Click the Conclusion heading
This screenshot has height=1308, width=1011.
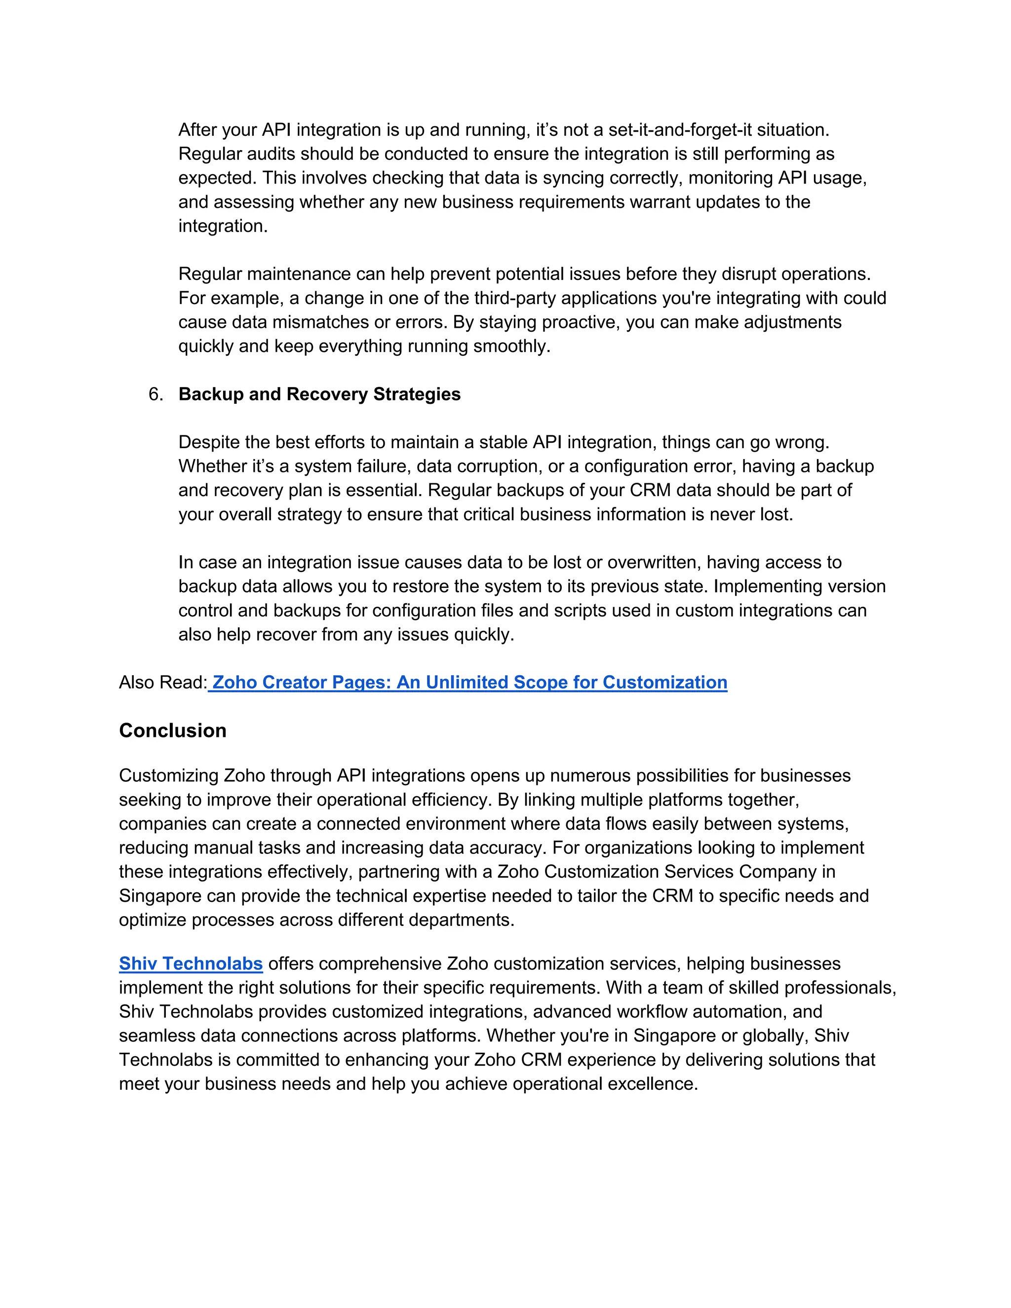point(172,731)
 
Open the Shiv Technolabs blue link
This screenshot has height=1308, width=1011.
point(191,963)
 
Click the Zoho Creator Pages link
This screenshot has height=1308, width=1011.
point(469,682)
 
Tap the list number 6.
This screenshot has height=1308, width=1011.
point(155,394)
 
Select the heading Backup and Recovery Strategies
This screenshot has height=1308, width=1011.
point(319,394)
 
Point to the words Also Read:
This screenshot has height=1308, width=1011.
point(162,682)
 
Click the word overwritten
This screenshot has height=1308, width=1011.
point(654,562)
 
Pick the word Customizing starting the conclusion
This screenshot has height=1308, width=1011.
point(169,775)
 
